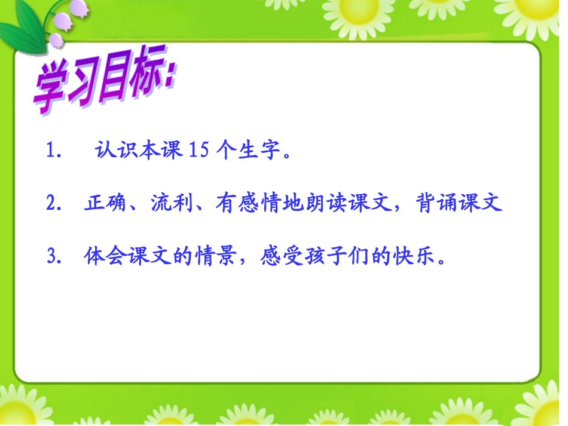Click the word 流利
pyautogui.click(x=169, y=204)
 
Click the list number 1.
pyautogui.click(x=52, y=152)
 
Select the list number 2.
pyautogui.click(x=52, y=204)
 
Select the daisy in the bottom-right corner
pyautogui.click(x=547, y=406)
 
